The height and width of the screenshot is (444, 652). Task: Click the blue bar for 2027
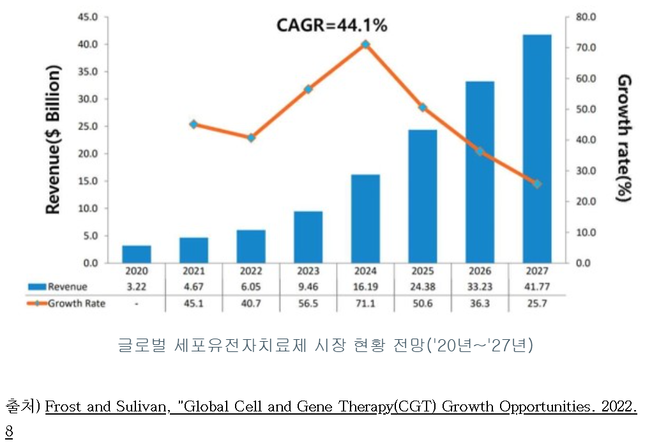(537, 148)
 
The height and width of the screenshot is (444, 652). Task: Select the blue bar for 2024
(365, 218)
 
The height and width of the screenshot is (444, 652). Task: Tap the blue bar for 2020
(137, 254)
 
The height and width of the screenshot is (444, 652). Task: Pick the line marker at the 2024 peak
(365, 44)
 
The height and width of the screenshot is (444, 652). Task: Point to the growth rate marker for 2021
(194, 124)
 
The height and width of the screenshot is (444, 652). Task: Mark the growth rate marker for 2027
(537, 184)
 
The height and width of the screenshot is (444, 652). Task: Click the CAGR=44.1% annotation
(331, 26)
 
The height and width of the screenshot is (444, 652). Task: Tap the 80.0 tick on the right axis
(586, 17)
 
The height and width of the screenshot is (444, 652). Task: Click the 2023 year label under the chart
(308, 272)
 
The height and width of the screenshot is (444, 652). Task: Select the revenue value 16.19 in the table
(365, 287)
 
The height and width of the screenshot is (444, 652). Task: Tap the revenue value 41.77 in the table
(537, 287)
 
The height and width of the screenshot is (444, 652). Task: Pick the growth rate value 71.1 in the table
(365, 303)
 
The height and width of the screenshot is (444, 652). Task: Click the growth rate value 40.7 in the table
(251, 303)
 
